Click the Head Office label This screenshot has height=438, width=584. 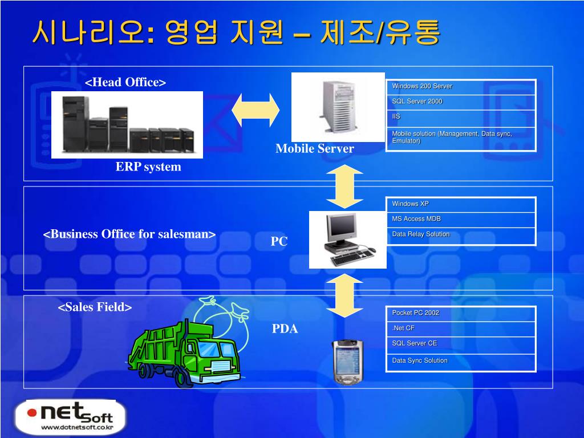(x=125, y=82)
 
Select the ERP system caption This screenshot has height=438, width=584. (x=148, y=167)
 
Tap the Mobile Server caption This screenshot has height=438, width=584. (x=314, y=149)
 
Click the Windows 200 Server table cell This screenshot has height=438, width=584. (x=461, y=87)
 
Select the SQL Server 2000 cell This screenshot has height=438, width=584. (x=461, y=102)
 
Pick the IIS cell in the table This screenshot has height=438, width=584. (x=461, y=117)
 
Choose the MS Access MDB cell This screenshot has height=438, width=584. (x=461, y=219)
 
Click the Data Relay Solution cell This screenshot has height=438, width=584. (x=461, y=234)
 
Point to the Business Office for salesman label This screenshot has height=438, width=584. (x=129, y=234)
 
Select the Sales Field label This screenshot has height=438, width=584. (x=95, y=307)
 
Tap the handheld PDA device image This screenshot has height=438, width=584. (x=347, y=362)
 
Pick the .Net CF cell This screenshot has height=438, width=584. (x=461, y=328)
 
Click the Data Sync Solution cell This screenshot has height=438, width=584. (x=461, y=361)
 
